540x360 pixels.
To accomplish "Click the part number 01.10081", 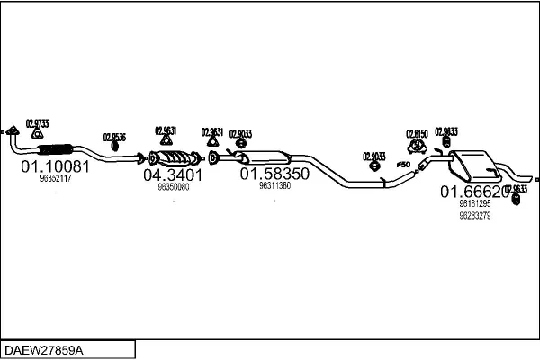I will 55,166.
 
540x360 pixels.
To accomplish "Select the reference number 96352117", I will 56,179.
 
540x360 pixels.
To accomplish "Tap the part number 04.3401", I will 173,175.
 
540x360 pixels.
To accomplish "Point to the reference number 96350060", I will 173,187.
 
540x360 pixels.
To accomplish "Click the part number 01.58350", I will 274,173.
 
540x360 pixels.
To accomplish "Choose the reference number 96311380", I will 274,185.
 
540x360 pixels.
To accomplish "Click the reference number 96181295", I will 474,204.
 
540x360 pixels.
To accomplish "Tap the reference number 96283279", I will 474,216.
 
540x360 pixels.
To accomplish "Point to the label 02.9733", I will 38,122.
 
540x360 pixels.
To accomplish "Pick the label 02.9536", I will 114,137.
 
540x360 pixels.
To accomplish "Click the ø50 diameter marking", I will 402,165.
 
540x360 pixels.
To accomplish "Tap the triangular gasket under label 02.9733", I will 37,134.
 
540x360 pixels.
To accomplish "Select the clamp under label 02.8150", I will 418,145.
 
